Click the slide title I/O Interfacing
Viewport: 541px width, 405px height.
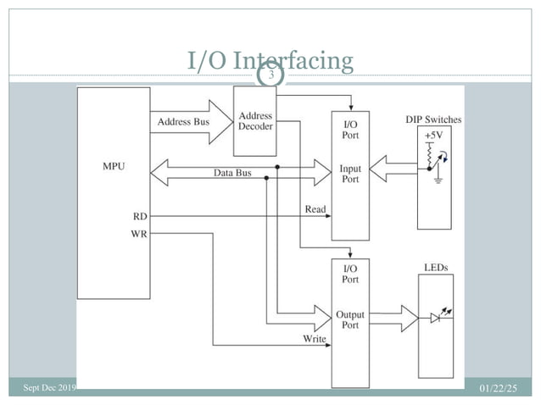click(x=270, y=61)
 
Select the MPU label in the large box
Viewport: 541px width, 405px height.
click(x=113, y=166)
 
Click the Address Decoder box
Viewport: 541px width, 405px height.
click(x=255, y=121)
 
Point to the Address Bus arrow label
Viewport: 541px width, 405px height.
click(x=183, y=121)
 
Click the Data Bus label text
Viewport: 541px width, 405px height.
click(x=231, y=173)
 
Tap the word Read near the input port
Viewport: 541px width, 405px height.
click(x=314, y=209)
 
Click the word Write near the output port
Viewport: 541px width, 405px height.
click(x=314, y=339)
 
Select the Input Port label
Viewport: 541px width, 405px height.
click(x=349, y=175)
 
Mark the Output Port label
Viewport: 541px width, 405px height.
click(x=349, y=320)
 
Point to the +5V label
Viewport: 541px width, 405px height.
click(x=432, y=136)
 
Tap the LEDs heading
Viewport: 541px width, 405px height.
click(x=435, y=268)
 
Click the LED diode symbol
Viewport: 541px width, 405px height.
click(x=437, y=319)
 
